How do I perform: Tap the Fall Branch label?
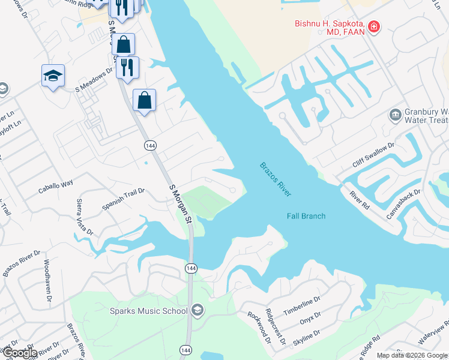coord(306,216)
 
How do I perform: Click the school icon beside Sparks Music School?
coord(197,310)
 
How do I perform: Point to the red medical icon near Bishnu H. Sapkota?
coord(374,26)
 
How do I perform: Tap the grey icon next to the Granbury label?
coord(395,115)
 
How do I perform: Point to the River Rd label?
coord(360,200)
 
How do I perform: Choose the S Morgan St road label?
coord(179,204)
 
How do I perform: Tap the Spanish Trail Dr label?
coord(124,200)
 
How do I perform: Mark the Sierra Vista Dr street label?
coord(85,217)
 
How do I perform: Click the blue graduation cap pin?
coord(53,76)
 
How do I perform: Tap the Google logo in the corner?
coord(19,353)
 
